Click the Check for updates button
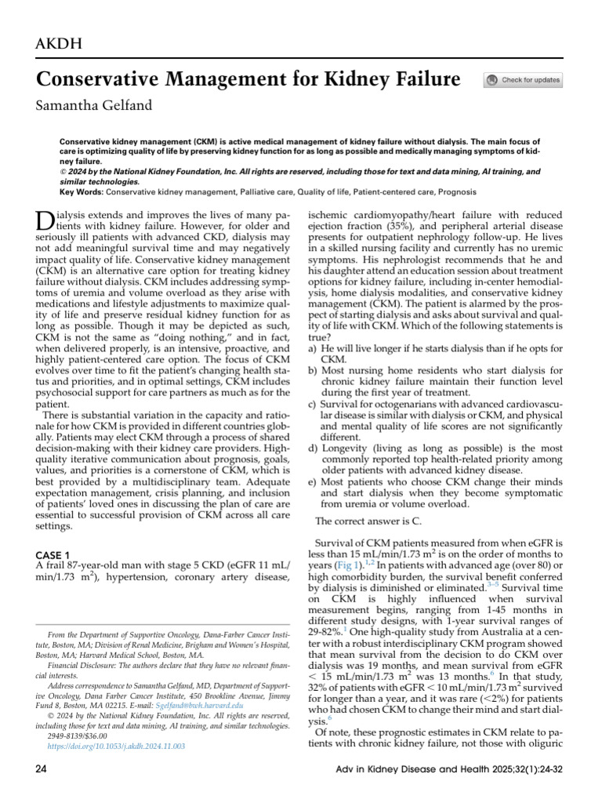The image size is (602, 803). pyautogui.click(x=523, y=80)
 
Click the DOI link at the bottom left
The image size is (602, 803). pyautogui.click(x=116, y=746)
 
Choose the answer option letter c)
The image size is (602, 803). pyautogui.click(x=313, y=404)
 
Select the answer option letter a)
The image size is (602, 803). pyautogui.click(x=313, y=347)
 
